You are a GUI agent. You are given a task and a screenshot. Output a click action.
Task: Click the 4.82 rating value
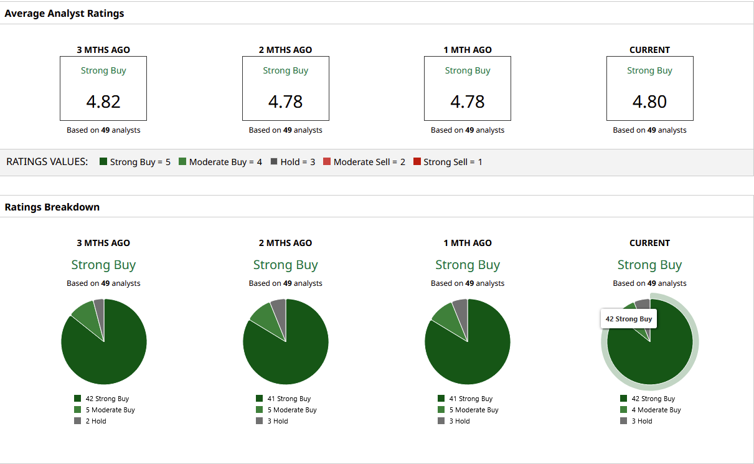(103, 102)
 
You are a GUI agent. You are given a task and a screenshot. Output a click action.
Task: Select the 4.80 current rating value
(649, 102)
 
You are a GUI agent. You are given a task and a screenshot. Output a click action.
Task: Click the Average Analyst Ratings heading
(64, 14)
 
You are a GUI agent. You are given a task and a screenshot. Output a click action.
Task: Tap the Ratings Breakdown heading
(52, 207)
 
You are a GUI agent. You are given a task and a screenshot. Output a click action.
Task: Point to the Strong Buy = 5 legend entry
(135, 162)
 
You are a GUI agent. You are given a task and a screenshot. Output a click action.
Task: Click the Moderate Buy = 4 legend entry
(220, 162)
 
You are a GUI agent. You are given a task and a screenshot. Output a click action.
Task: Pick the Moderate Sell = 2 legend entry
(364, 162)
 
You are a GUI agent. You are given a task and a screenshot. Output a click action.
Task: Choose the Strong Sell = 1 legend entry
(448, 162)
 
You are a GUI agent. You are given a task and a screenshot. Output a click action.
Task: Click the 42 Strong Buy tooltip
(629, 319)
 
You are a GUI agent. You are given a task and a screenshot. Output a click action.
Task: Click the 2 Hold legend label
(95, 421)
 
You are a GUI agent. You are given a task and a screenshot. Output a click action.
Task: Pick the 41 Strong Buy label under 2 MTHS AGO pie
(288, 399)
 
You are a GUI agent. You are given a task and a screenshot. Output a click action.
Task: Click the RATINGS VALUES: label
(47, 162)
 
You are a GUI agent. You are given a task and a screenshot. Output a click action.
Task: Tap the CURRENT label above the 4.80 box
(649, 50)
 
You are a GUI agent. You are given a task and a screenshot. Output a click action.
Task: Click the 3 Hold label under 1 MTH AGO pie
(459, 421)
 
